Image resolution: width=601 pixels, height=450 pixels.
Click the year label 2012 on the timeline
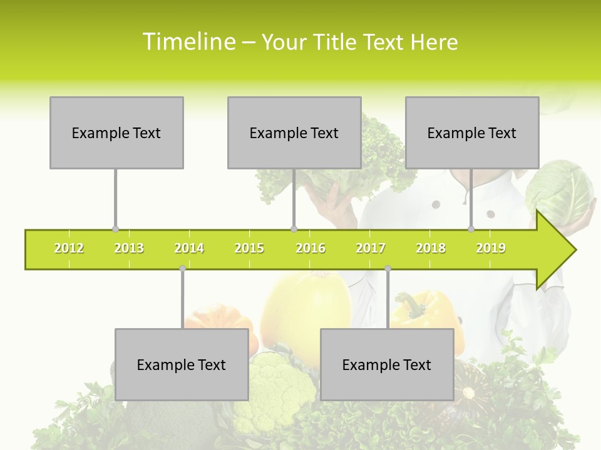(x=69, y=249)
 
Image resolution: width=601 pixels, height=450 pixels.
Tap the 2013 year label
(x=129, y=249)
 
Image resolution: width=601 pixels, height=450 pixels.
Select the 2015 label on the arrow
(x=249, y=249)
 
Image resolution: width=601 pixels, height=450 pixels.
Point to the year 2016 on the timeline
(x=311, y=249)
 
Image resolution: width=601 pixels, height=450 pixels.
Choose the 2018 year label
(x=431, y=249)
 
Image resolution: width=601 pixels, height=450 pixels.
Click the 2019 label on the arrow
(x=491, y=249)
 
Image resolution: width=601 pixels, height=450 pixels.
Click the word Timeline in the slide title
(x=188, y=42)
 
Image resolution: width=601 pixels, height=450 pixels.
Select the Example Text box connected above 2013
(x=116, y=132)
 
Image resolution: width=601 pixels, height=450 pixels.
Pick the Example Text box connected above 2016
(x=294, y=132)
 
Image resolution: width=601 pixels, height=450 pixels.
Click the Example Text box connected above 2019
(x=472, y=132)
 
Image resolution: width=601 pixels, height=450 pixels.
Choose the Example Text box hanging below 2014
(x=182, y=365)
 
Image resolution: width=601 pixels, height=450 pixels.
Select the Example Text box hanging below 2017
(x=387, y=365)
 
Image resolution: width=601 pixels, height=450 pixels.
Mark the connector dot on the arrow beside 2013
(x=115, y=229)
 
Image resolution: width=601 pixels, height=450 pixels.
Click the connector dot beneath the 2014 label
(x=182, y=269)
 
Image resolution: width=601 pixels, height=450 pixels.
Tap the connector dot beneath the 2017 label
(x=388, y=269)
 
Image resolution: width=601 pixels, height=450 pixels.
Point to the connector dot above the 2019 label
(x=471, y=229)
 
